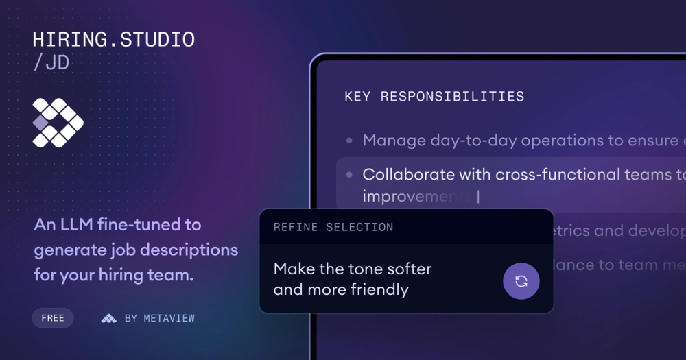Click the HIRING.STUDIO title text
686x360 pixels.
pyautogui.click(x=114, y=39)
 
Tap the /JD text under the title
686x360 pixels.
pyautogui.click(x=51, y=63)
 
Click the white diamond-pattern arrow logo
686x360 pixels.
pyautogui.click(x=58, y=123)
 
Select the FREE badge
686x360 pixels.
pyautogui.click(x=53, y=318)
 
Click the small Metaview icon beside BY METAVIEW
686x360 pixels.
pyautogui.click(x=108, y=318)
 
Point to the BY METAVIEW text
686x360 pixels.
pyautogui.click(x=160, y=318)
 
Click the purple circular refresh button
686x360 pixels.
pyautogui.click(x=521, y=281)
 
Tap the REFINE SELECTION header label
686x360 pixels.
pyautogui.click(x=333, y=227)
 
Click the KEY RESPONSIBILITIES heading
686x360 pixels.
pyautogui.click(x=434, y=97)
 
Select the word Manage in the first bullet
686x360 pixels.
pyautogui.click(x=394, y=141)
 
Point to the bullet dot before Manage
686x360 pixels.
pyautogui.click(x=349, y=141)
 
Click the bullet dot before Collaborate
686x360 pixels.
pyautogui.click(x=349, y=175)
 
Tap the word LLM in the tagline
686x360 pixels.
pyautogui.click(x=80, y=224)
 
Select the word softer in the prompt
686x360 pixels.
pyautogui.click(x=407, y=269)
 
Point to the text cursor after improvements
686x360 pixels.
pyautogui.click(x=478, y=197)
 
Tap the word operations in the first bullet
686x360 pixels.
pyautogui.click(x=573, y=141)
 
